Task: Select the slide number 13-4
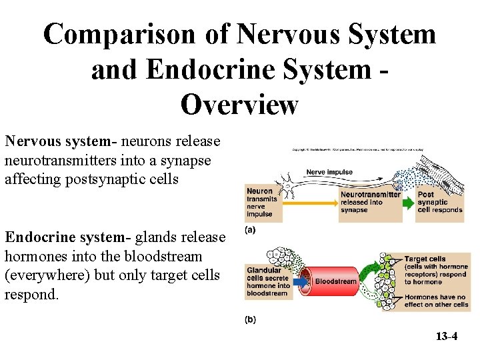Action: coord(446,336)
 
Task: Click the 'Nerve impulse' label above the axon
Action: coord(329,172)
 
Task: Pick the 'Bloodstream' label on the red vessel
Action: coord(336,281)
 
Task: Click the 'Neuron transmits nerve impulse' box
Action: coord(260,202)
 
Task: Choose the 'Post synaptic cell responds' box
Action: coord(439,202)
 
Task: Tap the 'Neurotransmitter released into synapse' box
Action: coord(370,202)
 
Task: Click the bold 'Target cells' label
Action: coord(425,259)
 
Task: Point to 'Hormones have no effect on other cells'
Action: coord(436,301)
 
